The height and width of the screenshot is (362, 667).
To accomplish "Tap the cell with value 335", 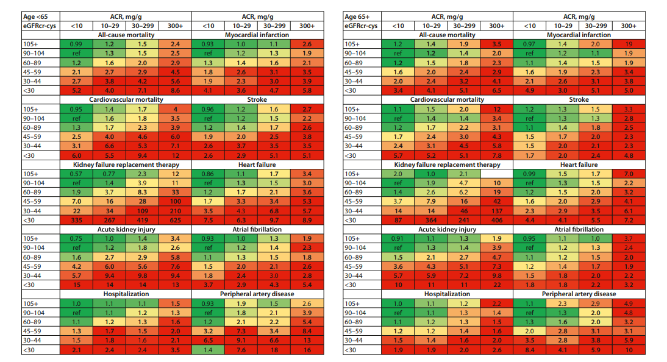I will pyautogui.click(x=76, y=219).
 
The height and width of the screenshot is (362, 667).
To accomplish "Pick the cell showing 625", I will pyautogui.click(x=175, y=219).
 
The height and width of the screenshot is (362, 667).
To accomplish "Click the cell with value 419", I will pyautogui.click(x=141, y=219).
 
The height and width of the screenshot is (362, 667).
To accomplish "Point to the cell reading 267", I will pyautogui.click(x=109, y=219).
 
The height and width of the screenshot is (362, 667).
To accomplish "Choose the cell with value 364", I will pyautogui.click(x=430, y=219).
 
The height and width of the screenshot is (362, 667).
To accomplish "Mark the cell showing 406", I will pyautogui.click(x=497, y=219).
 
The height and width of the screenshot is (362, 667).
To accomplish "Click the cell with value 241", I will pyautogui.click(x=464, y=219).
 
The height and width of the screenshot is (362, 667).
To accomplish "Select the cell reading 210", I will pyautogui.click(x=175, y=210).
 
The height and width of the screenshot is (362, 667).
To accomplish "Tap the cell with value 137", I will pyautogui.click(x=497, y=210).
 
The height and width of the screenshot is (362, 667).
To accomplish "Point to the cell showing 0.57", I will pyautogui.click(x=76, y=174).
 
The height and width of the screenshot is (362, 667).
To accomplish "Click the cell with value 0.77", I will pyautogui.click(x=109, y=174).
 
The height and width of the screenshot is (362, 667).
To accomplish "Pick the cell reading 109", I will pyautogui.click(x=141, y=210).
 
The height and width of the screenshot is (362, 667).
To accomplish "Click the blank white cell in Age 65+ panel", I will pyautogui.click(x=497, y=174).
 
